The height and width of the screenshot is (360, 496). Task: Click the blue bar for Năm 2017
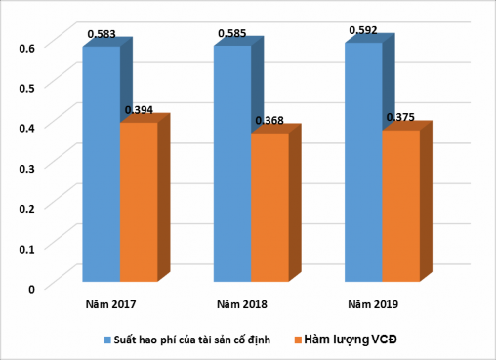[101, 166]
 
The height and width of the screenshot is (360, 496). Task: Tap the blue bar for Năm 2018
[232, 166]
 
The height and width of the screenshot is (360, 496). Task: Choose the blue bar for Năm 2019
[362, 164]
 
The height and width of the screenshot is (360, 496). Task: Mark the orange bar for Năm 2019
[400, 207]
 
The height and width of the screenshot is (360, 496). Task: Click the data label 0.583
[102, 34]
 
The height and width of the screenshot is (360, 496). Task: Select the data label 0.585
[231, 33]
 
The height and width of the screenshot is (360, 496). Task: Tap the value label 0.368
[269, 121]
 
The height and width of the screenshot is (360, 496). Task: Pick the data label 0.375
[400, 117]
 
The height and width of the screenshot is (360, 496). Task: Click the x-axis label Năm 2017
[110, 304]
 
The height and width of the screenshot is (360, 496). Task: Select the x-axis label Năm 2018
[242, 304]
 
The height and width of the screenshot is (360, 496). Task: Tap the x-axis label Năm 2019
[373, 304]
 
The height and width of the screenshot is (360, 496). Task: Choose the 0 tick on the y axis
[31, 288]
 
